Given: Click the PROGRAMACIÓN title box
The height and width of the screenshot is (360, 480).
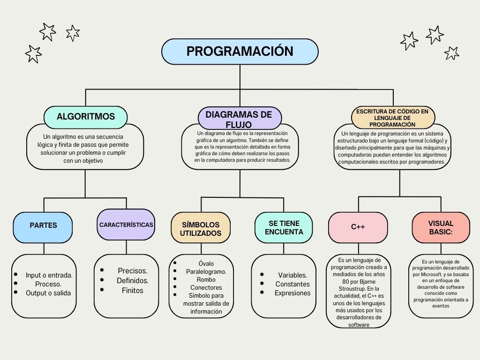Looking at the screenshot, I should [x=240, y=52].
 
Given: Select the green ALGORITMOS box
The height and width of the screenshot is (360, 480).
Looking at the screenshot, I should [x=85, y=117].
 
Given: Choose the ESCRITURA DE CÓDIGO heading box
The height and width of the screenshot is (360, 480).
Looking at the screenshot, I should [x=392, y=118].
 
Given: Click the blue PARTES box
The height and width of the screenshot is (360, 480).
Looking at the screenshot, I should [x=43, y=225].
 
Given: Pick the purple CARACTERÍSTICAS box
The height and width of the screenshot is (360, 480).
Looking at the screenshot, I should [x=126, y=225].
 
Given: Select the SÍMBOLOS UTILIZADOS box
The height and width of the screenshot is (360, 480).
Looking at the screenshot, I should [x=201, y=229].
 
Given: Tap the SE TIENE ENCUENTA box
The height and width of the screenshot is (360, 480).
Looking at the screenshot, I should [x=284, y=227].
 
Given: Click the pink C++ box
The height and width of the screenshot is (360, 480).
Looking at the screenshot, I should [x=358, y=227].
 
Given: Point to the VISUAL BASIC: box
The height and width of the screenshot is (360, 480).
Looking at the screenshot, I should [x=441, y=227].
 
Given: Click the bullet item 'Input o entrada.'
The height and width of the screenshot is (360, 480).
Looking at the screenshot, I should [x=49, y=275].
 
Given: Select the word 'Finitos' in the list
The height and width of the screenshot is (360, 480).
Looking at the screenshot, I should [x=133, y=291].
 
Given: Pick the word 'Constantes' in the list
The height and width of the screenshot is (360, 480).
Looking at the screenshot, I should [x=292, y=284].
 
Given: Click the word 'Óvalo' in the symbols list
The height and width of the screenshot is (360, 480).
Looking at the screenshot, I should [x=206, y=263].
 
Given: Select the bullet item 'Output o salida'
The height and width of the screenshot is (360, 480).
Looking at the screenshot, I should [x=48, y=293].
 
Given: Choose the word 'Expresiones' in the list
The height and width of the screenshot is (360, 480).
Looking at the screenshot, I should [x=292, y=293].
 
